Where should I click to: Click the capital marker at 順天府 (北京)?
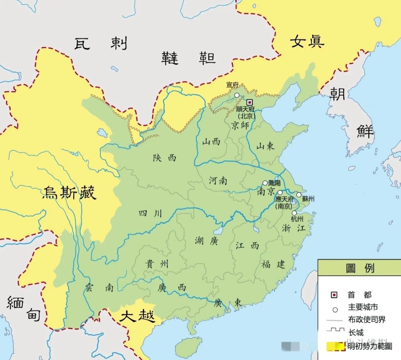coord(249,103)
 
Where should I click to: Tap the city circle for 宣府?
coord(237,95)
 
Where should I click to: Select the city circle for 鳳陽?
coord(265,183)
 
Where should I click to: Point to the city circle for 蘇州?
coord(299,195)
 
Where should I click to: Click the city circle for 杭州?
coord(294,213)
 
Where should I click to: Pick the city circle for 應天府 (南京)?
coord(280,193)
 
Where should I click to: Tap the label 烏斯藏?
coord(69,193)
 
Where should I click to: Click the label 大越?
coord(137,316)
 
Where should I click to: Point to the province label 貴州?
coord(157,264)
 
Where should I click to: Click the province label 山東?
coord(265,146)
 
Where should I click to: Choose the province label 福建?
coord(273,264)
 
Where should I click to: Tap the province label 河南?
coord(218,180)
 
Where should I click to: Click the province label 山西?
coord(211,142)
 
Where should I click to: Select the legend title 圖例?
coord(360,268)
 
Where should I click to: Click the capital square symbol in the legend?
coord(334,295)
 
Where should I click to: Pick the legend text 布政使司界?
coord(367,319)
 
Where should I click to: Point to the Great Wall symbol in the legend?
coord(335,331)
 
